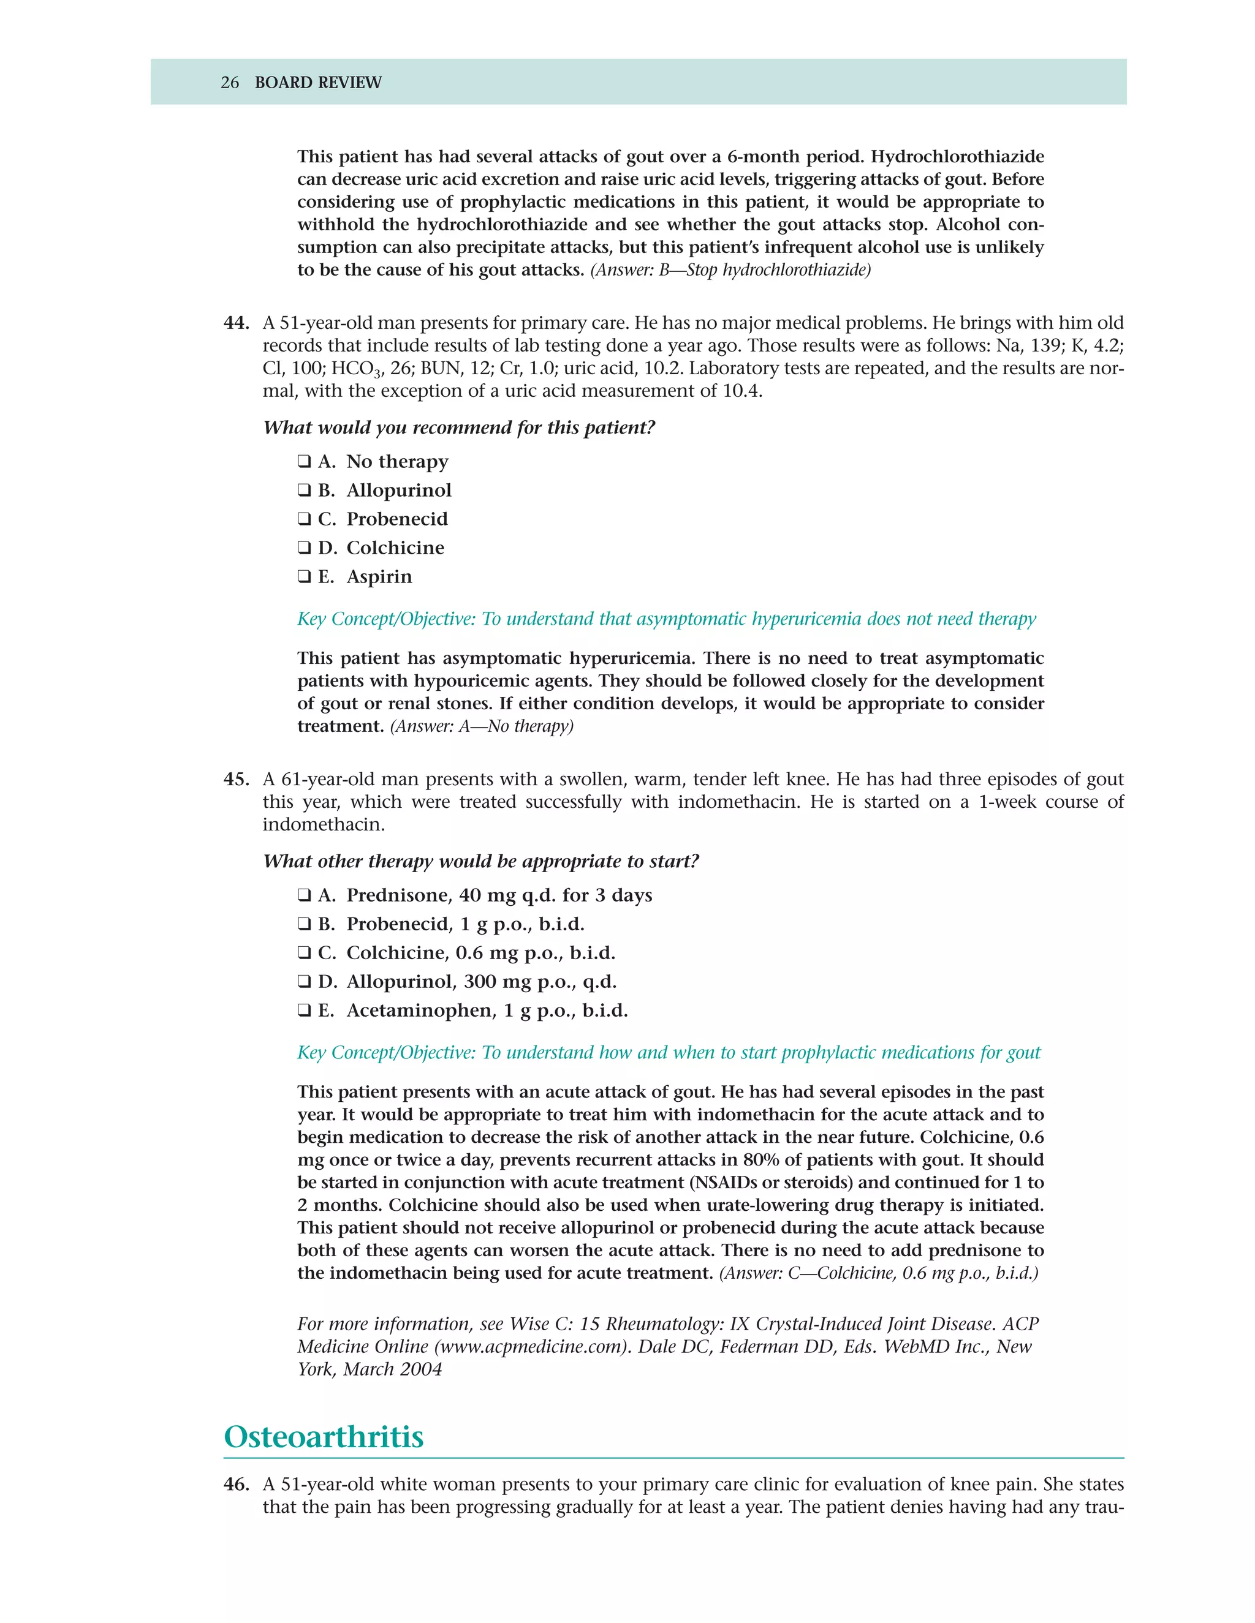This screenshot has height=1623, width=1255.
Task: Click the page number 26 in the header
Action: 230,83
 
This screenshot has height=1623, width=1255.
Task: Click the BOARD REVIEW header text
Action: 317,83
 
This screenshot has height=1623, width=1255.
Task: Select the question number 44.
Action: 236,323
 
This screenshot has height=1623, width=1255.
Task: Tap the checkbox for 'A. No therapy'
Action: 304,462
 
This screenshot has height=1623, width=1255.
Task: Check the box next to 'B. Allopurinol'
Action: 304,491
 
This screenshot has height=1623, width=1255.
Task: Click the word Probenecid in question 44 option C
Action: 397,519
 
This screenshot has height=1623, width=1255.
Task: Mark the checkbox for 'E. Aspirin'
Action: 304,577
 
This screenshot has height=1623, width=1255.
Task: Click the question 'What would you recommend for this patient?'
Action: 459,428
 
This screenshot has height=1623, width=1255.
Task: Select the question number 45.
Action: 236,780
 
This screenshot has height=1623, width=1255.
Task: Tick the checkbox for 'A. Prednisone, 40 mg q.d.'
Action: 304,895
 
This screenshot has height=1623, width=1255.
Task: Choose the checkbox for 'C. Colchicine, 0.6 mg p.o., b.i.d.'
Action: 304,954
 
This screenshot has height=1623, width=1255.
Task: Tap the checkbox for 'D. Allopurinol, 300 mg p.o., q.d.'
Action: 304,982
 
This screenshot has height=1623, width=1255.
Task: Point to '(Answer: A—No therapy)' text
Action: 482,726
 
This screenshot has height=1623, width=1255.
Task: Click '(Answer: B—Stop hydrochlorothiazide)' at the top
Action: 730,269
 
